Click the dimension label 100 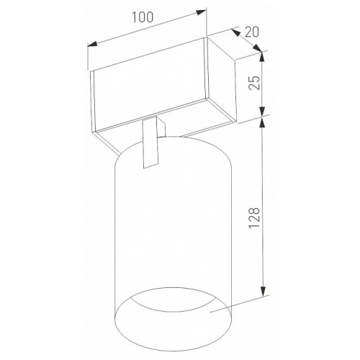tap(143, 17)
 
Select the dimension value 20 tap(252, 32)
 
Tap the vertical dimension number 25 tap(254, 83)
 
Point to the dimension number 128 tap(254, 217)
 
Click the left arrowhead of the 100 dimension tap(92, 44)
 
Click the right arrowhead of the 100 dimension tap(201, 12)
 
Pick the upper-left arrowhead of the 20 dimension tap(235, 32)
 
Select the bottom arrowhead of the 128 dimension tap(264, 292)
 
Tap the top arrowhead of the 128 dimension tap(263, 122)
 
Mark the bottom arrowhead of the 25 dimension tap(262, 111)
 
